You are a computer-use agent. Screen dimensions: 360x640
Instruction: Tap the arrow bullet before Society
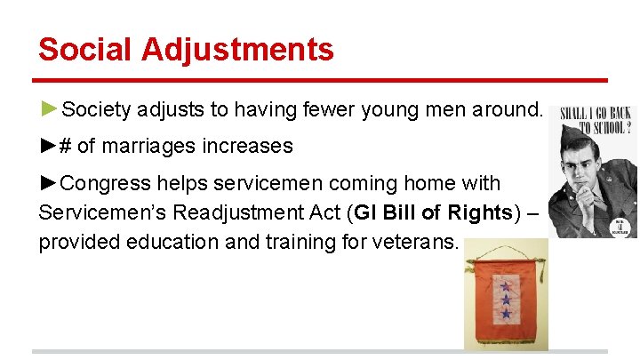tap(50, 109)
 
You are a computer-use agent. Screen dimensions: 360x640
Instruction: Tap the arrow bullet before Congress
tap(50, 184)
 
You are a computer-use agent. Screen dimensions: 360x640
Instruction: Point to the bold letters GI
tap(366, 213)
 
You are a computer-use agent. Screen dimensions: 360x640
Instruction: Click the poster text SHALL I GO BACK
tap(594, 114)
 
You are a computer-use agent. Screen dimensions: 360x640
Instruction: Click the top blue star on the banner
tap(506, 287)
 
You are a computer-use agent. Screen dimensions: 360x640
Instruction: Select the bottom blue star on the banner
tap(506, 314)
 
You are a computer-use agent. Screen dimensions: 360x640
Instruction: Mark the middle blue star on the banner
tap(506, 300)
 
